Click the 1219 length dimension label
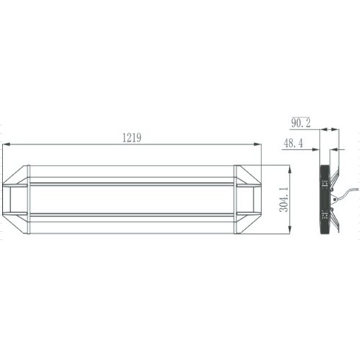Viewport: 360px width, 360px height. tap(132, 138)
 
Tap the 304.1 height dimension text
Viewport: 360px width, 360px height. tap(284, 199)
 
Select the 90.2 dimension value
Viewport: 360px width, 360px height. tap(301, 123)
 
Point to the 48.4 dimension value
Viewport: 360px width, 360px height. tap(293, 143)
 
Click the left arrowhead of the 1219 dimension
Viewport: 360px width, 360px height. tap(6, 144)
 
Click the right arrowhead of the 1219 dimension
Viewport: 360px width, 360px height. tap(257, 144)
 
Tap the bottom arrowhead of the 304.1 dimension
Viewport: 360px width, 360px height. tap(289, 230)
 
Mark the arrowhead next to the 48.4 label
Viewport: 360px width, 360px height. tap(315, 150)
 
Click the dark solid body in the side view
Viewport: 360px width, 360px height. tap(325, 199)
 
